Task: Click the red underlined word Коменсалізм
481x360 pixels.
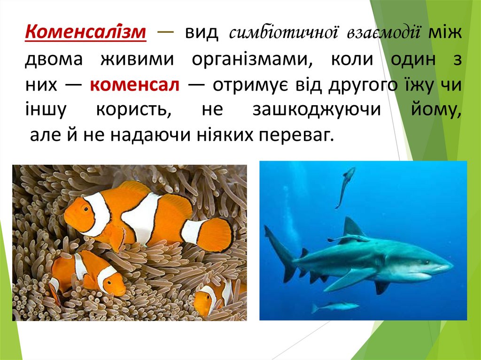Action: (85, 33)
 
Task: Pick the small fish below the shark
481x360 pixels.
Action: (334, 306)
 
